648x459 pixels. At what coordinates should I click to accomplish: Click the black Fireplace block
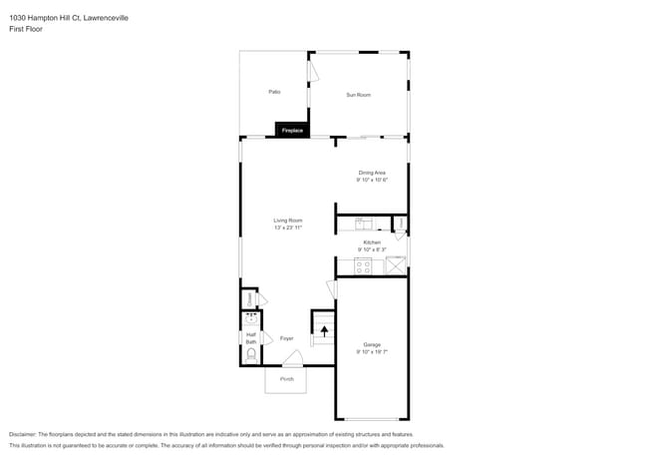[292, 131]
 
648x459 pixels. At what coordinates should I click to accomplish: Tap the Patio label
[274, 92]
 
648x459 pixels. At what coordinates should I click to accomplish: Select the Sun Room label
[358, 95]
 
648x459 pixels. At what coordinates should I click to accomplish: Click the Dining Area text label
[372, 174]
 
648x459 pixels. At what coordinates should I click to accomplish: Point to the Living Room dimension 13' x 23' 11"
[288, 228]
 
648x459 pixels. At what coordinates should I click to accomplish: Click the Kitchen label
[372, 242]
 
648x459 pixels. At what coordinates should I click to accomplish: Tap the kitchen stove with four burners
[364, 266]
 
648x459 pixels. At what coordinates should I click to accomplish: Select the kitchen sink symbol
[364, 224]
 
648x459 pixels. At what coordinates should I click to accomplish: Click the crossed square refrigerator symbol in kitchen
[396, 265]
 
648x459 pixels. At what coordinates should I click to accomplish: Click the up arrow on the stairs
[324, 329]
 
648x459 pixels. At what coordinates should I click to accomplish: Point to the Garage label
[372, 345]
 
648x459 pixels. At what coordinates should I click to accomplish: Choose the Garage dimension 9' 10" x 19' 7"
[372, 352]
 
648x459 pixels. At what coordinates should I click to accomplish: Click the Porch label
[287, 379]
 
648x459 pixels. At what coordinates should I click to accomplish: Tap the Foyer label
[286, 338]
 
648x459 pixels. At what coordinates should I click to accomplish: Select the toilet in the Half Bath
[250, 354]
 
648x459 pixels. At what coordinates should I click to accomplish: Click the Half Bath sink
[250, 321]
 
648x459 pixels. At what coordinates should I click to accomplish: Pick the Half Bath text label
[250, 338]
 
